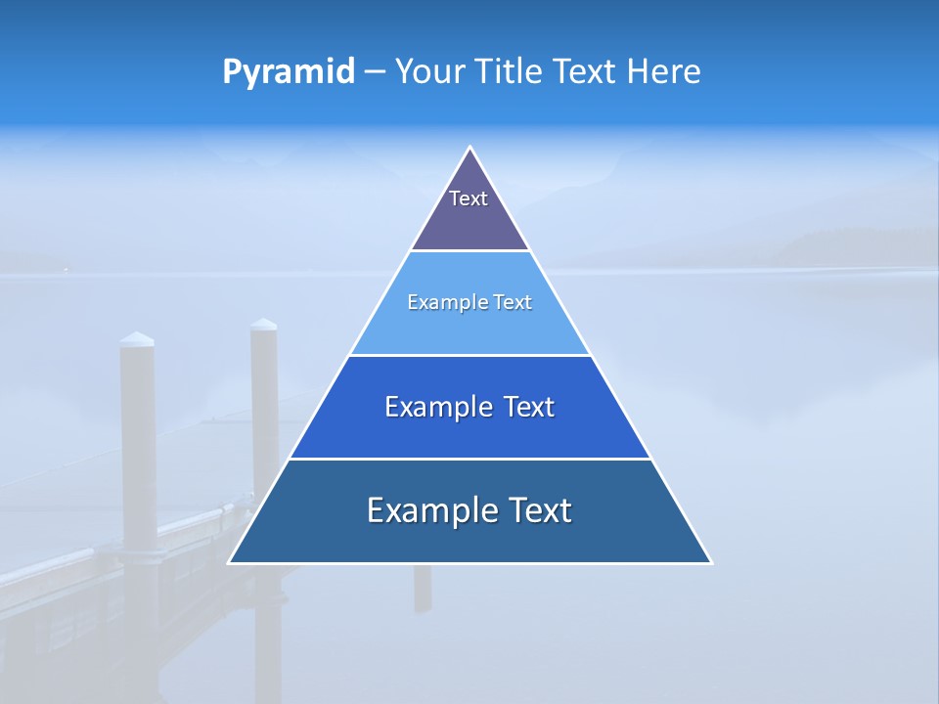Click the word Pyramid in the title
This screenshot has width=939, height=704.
point(289,72)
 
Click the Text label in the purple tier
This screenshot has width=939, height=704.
point(469,198)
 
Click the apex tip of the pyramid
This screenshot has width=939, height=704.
point(469,149)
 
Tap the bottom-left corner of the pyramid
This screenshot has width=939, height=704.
point(231,561)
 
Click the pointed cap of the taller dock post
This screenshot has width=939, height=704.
point(137,339)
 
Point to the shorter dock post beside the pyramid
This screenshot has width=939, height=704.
point(264,391)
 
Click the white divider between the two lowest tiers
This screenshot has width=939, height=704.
point(469,459)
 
